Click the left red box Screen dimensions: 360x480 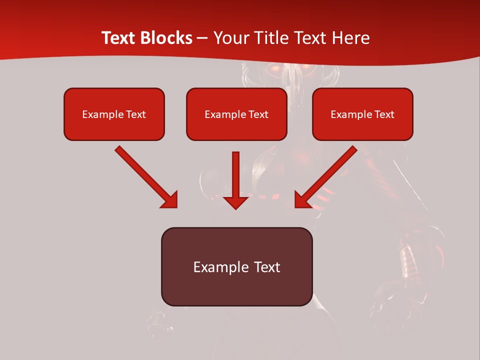click(114, 114)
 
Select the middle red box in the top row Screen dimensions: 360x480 click(236, 114)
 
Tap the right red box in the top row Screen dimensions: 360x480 click(362, 114)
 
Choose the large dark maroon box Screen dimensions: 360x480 click(236, 266)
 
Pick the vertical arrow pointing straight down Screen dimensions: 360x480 click(235, 175)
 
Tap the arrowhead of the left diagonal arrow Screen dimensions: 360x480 click(169, 200)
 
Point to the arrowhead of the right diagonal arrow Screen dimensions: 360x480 click(302, 200)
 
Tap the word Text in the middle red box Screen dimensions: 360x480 click(258, 114)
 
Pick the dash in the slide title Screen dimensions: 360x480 click(202, 38)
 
